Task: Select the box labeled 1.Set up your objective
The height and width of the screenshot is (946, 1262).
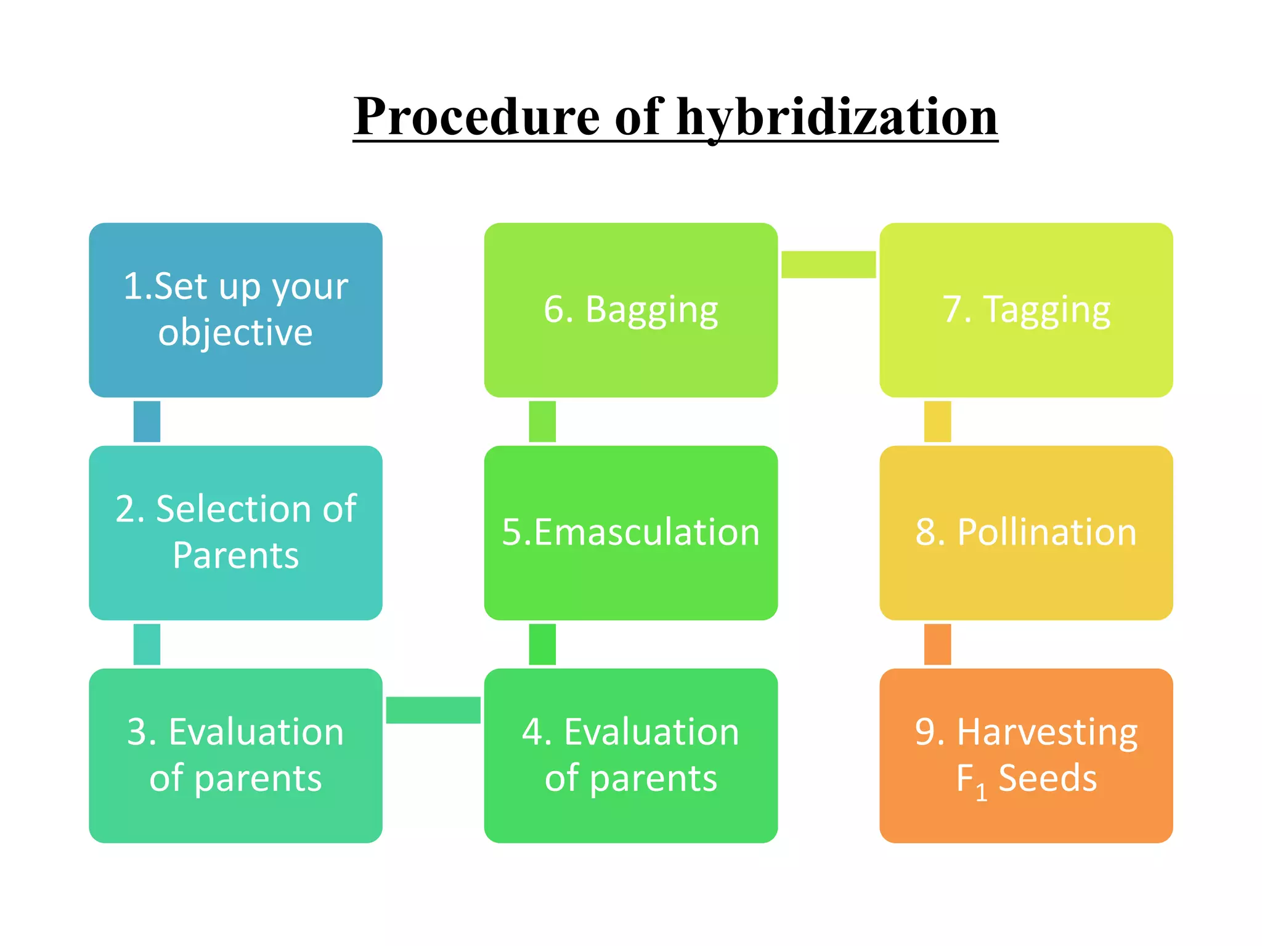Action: [x=235, y=310]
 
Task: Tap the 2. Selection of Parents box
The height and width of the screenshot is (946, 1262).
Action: [x=235, y=533]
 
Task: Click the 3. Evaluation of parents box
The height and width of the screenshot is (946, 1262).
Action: [x=235, y=755]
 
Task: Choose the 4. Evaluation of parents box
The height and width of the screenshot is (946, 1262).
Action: [x=630, y=755]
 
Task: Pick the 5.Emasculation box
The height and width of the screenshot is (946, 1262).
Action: [x=630, y=533]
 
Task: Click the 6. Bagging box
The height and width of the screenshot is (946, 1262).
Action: [x=630, y=310]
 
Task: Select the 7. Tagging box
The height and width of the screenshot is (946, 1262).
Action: [x=1026, y=310]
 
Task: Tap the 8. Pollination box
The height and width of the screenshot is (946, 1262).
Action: [x=1026, y=533]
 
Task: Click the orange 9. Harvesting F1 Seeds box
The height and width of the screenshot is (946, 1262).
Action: [x=1026, y=755]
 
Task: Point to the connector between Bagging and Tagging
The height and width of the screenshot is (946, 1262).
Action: [x=828, y=264]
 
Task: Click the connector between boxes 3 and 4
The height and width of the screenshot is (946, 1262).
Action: [x=433, y=710]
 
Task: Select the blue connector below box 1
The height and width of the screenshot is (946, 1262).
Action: [x=147, y=421]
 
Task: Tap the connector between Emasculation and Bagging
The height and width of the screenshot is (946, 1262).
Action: [x=542, y=421]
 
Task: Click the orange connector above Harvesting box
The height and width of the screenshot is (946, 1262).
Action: [x=937, y=644]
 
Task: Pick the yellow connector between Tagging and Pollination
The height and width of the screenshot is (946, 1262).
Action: [x=937, y=421]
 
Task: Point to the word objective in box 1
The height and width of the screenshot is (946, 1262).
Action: [x=235, y=333]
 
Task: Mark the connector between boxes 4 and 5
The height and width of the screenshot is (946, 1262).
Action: [x=542, y=644]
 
